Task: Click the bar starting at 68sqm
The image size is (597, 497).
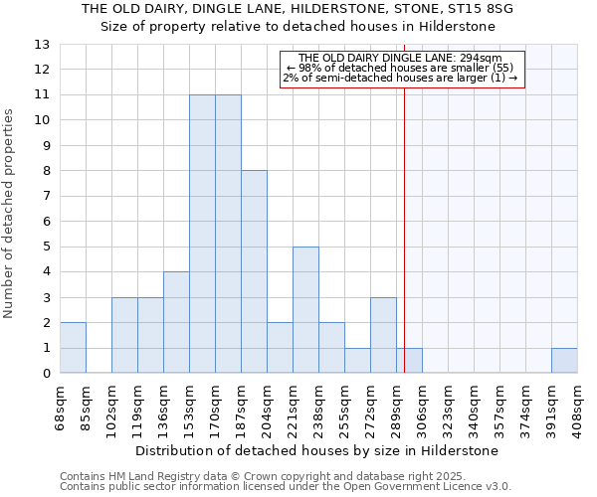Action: tap(73, 348)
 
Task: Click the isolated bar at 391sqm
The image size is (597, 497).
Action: tap(564, 361)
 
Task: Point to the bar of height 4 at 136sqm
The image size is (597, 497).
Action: tap(176, 322)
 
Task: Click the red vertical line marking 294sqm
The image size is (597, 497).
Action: tap(405, 229)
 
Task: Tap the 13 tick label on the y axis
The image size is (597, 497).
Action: tap(42, 45)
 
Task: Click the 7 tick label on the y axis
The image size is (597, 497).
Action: tap(46, 196)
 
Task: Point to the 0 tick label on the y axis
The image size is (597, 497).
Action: tap(46, 374)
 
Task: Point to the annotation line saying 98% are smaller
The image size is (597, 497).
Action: tap(401, 68)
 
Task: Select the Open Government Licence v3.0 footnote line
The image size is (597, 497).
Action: tap(286, 486)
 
